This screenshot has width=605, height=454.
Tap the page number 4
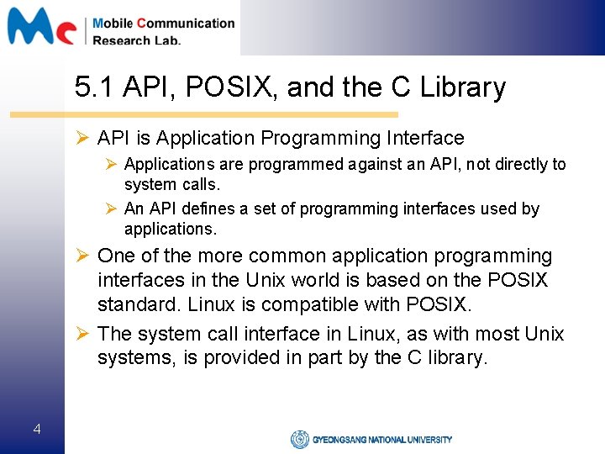[36, 430]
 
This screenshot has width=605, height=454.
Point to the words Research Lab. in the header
[136, 40]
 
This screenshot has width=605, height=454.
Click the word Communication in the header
[186, 23]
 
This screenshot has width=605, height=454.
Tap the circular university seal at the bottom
[299, 439]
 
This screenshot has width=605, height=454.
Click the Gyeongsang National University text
[382, 439]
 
